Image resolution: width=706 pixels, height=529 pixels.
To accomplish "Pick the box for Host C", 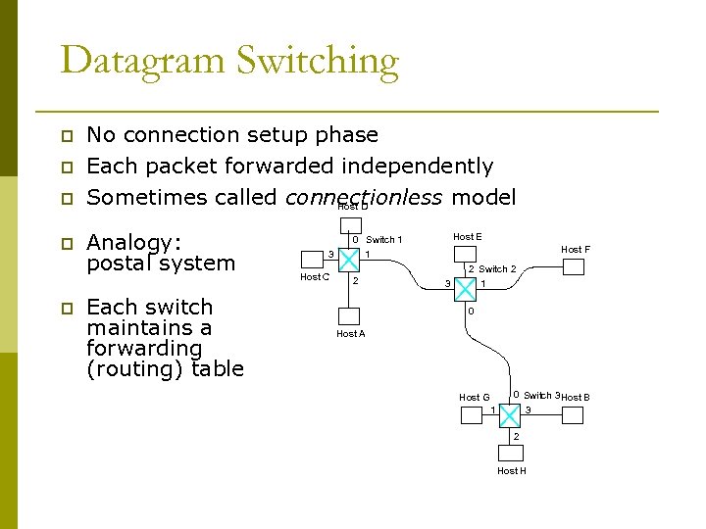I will pyautogui.click(x=312, y=259).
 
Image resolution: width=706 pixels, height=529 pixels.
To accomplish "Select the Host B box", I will pyautogui.click(x=573, y=414).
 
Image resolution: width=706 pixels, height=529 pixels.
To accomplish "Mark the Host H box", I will pyautogui.click(x=511, y=452).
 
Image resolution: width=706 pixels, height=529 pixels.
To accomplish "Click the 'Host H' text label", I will pyautogui.click(x=512, y=471).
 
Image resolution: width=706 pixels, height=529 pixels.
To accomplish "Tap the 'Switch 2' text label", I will pyautogui.click(x=497, y=269).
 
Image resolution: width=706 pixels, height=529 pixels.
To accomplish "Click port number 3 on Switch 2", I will pyautogui.click(x=447, y=284).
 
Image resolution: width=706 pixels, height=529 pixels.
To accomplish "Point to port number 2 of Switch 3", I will pyautogui.click(x=516, y=436).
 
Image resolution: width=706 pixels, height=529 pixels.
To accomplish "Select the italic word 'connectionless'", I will pyautogui.click(x=363, y=197).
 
